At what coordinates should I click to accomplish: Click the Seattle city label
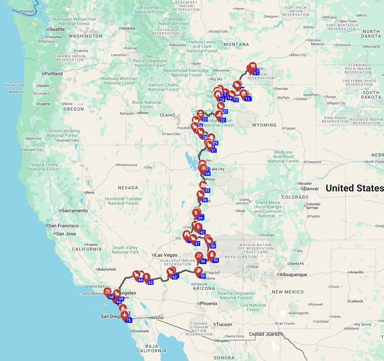57,29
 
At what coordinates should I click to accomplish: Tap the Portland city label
53,74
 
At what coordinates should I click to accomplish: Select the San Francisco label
63,226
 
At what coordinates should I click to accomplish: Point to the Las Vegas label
166,255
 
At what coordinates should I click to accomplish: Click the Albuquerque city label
293,275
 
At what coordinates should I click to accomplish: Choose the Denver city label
311,189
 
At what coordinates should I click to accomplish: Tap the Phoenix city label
208,303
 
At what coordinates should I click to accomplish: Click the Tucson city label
224,324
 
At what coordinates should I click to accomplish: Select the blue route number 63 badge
150,283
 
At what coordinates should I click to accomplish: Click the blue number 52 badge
216,260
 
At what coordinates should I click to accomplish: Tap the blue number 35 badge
207,191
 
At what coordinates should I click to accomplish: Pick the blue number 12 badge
247,99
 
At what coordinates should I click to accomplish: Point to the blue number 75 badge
129,320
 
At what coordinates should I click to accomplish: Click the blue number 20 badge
225,112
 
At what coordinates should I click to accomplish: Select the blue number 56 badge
203,261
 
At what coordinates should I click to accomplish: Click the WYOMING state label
264,125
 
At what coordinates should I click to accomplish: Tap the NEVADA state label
128,188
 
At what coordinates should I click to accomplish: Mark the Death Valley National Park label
125,250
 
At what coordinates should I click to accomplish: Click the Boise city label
144,113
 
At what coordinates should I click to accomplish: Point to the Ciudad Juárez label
264,334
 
